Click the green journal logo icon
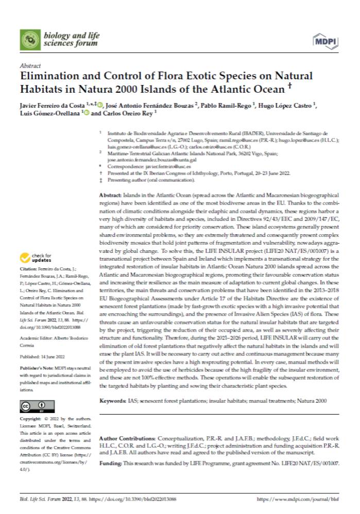coord(30,39)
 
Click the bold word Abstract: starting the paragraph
coord(109,197)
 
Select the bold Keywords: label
coord(112,400)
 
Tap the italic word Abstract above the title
coord(29,65)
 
